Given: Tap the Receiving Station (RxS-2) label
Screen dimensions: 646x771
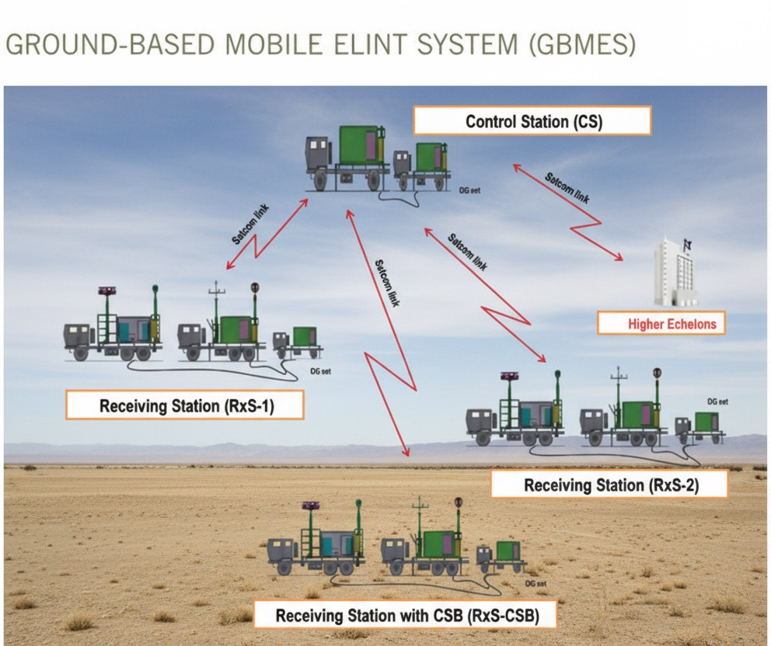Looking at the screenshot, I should pyautogui.click(x=609, y=485).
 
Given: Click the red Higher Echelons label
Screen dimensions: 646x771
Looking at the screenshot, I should pyautogui.click(x=661, y=324).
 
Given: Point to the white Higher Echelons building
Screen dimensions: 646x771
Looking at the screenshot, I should pyautogui.click(x=675, y=272).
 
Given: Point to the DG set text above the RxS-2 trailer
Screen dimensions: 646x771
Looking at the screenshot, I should pyautogui.click(x=717, y=401).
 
